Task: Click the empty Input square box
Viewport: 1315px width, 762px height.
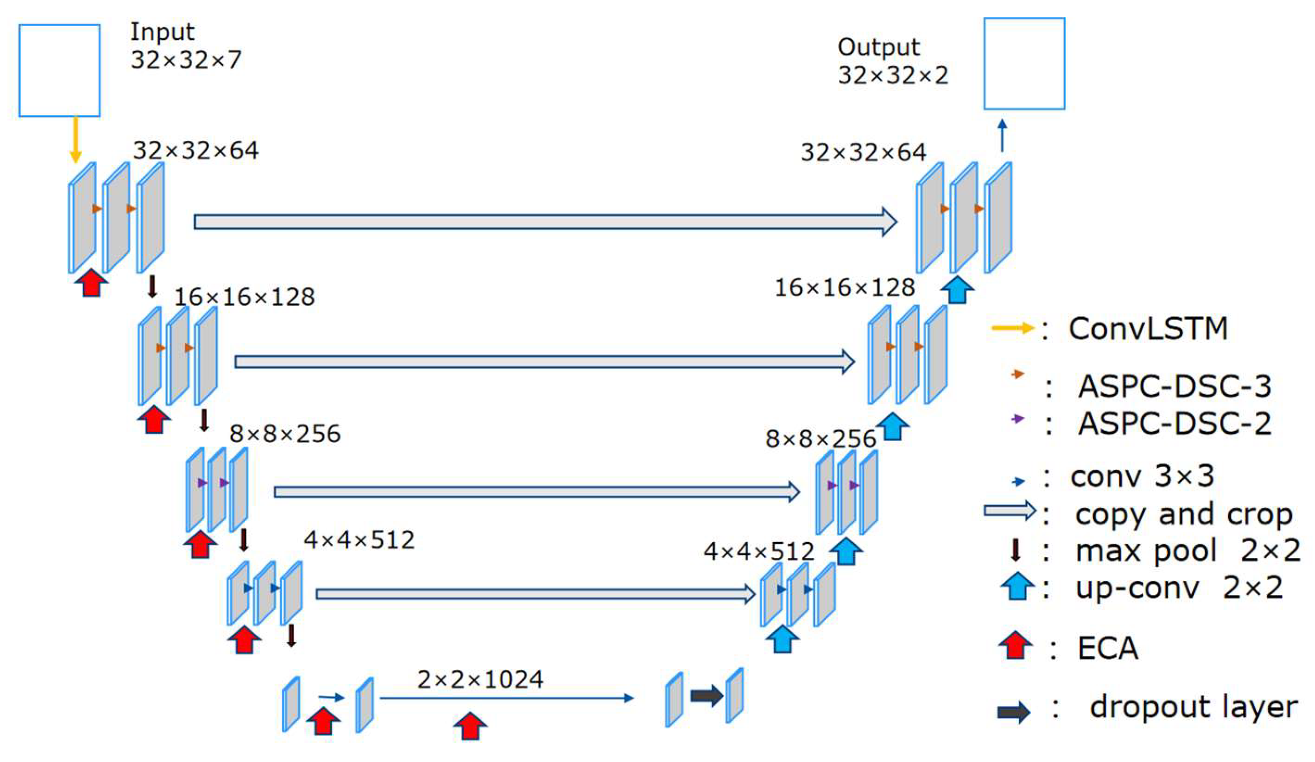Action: point(59,70)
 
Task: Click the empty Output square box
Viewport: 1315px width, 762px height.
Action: point(1024,64)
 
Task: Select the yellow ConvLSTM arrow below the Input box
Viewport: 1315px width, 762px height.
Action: point(76,139)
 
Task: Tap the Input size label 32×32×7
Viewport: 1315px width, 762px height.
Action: point(186,60)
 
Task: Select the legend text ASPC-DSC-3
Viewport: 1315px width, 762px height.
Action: point(1174,387)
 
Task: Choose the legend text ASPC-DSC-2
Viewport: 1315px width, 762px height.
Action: point(1174,423)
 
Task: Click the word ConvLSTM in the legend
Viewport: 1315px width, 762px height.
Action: point(1148,329)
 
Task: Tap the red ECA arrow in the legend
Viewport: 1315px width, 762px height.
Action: point(1015,646)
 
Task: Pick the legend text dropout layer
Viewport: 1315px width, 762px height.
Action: point(1193,707)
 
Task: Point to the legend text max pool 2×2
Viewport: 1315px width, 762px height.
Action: point(1187,550)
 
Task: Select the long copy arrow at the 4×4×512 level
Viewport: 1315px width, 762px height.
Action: point(535,594)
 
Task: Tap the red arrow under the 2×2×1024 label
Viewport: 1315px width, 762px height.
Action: point(470,726)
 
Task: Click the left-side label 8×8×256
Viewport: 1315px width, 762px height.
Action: point(285,434)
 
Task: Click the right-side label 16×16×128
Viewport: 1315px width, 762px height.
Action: point(844,287)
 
